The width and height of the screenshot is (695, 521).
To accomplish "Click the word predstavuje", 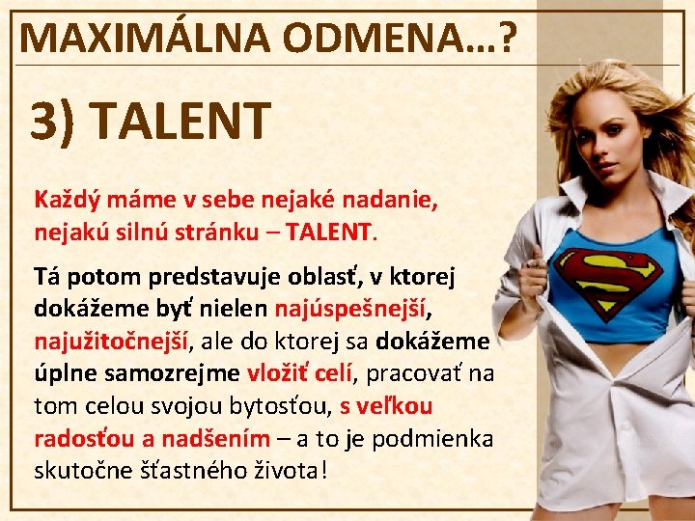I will pos(214,277).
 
